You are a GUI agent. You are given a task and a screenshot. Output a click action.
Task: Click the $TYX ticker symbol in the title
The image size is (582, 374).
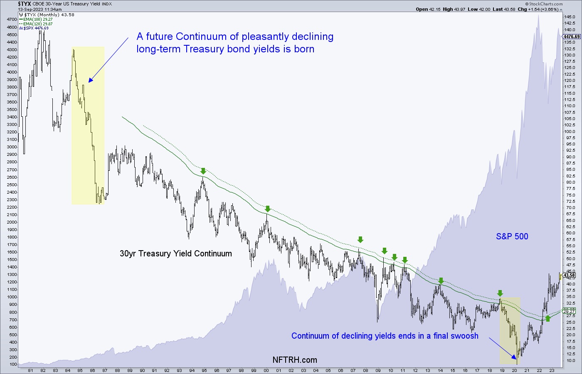[x=25, y=4]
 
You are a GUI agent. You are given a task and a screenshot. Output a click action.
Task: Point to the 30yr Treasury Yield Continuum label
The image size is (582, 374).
[x=175, y=253]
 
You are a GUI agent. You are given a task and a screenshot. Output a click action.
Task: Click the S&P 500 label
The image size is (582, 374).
[x=512, y=236]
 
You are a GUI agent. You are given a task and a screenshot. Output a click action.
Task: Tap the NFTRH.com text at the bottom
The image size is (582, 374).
[x=295, y=360]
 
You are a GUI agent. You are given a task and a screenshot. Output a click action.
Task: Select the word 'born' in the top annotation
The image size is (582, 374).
[x=304, y=49]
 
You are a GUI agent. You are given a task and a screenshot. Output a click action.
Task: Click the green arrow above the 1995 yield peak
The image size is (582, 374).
[x=203, y=171]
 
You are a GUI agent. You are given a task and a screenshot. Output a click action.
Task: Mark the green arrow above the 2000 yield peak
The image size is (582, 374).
[x=268, y=209]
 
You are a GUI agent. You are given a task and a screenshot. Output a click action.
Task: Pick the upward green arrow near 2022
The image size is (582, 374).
[x=547, y=318]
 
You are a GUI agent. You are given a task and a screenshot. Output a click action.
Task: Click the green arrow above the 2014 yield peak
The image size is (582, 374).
[x=441, y=281]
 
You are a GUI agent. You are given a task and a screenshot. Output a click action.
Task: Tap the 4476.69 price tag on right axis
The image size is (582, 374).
[x=572, y=37]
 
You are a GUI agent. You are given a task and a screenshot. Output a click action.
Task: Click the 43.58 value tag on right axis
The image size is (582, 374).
[x=569, y=275]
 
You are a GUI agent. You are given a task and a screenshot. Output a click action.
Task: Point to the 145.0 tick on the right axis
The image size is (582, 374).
[x=570, y=17]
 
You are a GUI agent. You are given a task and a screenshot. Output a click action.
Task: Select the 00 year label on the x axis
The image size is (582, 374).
[x=266, y=371]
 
